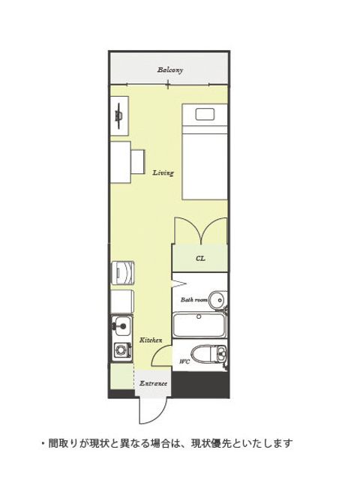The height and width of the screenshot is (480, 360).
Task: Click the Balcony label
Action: coord(170,70)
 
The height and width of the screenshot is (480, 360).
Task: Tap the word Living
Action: coord(163,173)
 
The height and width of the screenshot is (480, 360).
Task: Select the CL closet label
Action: coord(200,258)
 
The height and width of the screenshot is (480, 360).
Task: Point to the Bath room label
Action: coord(194,300)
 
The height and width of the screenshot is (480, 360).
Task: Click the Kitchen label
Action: coord(151,340)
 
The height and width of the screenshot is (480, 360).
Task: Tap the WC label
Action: coord(184,361)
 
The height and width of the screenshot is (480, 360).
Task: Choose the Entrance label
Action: coord(153,383)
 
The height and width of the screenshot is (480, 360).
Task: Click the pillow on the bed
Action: coord(205,114)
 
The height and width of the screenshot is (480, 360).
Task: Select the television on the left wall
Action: coord(118,115)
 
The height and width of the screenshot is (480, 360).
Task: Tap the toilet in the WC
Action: coord(208,355)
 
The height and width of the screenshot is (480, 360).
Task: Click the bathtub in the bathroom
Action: coord(199,325)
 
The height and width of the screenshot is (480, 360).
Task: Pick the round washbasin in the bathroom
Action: coord(217,300)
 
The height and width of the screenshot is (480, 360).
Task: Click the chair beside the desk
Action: coord(138,162)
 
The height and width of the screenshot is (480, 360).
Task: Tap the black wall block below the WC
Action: coord(200,385)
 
